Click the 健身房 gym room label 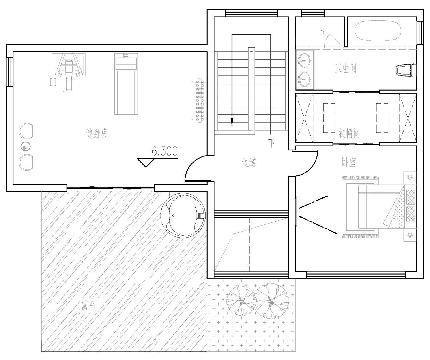point(97,133)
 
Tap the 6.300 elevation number point(165,151)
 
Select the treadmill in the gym point(126,84)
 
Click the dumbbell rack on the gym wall point(199,100)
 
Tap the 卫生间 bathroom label point(345,69)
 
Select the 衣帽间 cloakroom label point(349,134)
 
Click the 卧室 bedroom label point(348,162)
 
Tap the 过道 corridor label point(249,162)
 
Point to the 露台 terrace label point(88,306)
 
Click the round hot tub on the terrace point(183,216)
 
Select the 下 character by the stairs point(271,142)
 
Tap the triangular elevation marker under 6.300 point(146,163)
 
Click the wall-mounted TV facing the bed point(297,212)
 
